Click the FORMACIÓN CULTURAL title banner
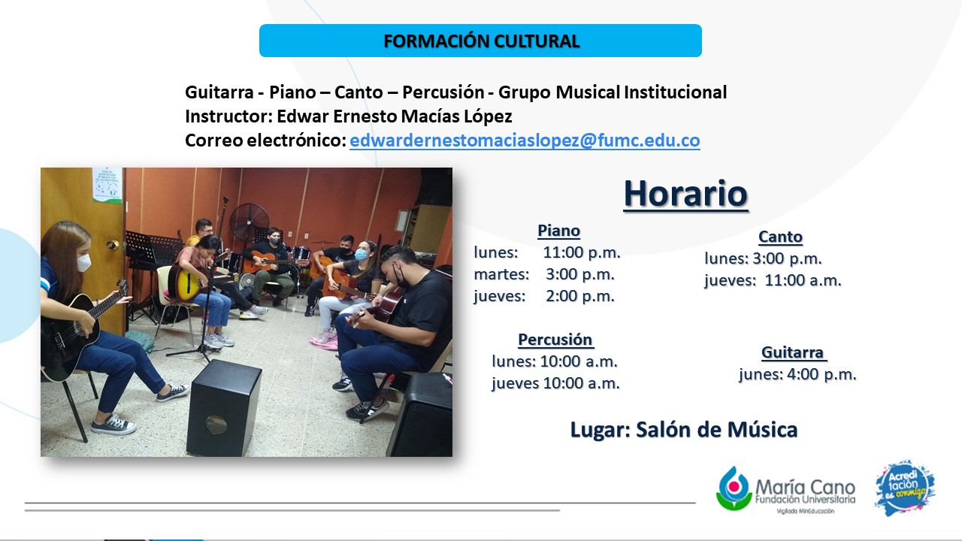click(x=480, y=41)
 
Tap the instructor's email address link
click(x=525, y=141)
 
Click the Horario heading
click(x=686, y=194)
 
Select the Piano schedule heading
click(x=558, y=231)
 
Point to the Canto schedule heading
click(x=780, y=237)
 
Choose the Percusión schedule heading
click(x=555, y=339)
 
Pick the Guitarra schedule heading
click(x=793, y=352)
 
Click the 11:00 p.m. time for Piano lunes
click(x=582, y=252)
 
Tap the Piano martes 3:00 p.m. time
click(x=579, y=274)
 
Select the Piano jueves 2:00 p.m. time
click(x=579, y=296)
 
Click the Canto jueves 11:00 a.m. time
click(x=803, y=280)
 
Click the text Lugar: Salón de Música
click(x=684, y=429)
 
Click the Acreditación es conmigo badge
click(x=905, y=488)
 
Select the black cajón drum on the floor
click(x=223, y=408)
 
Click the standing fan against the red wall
click(x=249, y=223)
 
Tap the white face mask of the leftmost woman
click(x=83, y=262)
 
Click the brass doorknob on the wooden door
click(x=113, y=245)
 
